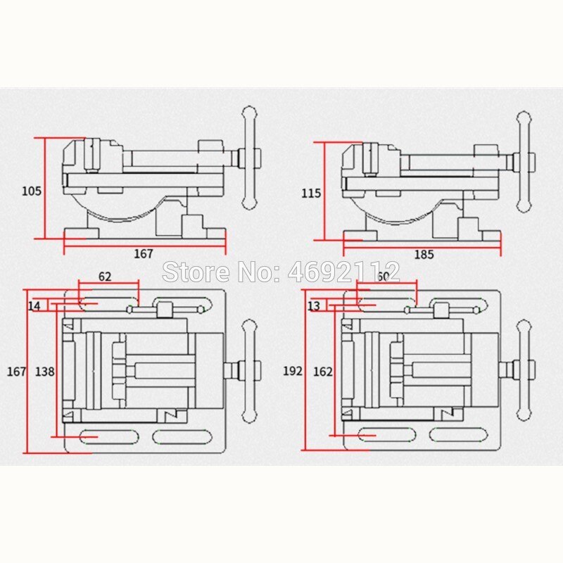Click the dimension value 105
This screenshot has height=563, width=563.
pos(32,191)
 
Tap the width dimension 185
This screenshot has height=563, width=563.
pos(424,255)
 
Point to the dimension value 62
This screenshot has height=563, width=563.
pos(104,277)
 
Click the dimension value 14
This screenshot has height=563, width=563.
pos(34,306)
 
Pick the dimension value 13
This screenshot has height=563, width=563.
pos(314,306)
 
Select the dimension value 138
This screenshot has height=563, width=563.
pos(44,370)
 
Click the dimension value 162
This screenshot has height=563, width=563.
pos(324,370)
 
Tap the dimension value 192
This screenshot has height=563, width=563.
pos(293,370)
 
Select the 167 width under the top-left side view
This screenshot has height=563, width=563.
pos(143,254)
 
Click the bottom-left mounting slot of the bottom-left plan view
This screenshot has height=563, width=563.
pos(99,437)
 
